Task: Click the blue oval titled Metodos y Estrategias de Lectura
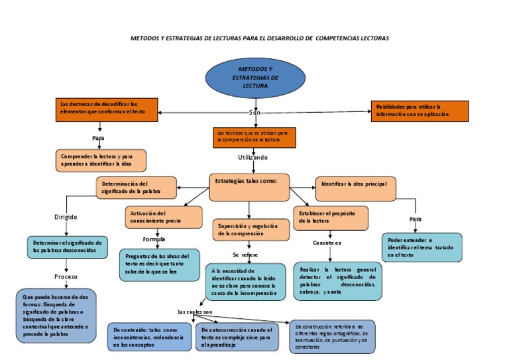[x=255, y=78]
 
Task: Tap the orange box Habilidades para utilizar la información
[x=419, y=110]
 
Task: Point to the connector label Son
[x=254, y=113]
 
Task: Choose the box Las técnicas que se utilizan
[x=254, y=137]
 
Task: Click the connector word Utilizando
[x=253, y=158]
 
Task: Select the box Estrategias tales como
[x=249, y=186]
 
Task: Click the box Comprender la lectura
[x=101, y=160]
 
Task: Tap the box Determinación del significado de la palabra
[x=137, y=188]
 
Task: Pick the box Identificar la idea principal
[x=355, y=188]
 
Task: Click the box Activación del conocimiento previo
[x=164, y=217]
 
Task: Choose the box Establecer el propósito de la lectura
[x=331, y=217]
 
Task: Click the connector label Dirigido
[x=66, y=217]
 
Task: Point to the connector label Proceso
[x=66, y=276]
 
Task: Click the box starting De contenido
[x=150, y=337]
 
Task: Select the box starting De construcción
[x=332, y=336]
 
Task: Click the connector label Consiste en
[x=327, y=243]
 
